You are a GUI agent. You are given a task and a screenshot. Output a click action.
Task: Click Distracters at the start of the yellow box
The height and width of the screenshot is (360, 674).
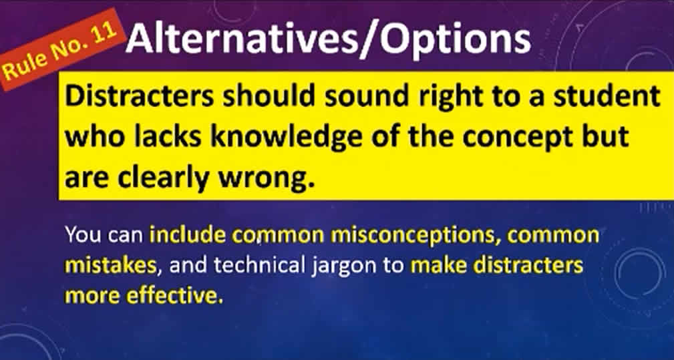click(139, 97)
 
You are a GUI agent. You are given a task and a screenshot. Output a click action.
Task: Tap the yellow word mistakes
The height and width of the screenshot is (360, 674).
click(110, 266)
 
